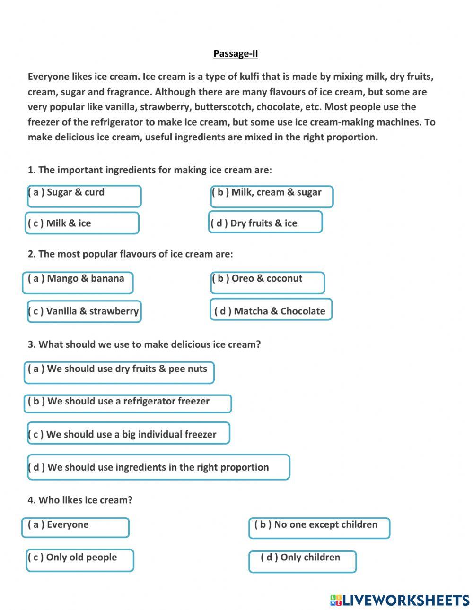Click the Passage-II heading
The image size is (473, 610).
tap(236, 53)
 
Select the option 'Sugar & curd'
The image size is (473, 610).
tap(84, 196)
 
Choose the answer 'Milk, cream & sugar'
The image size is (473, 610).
tap(272, 196)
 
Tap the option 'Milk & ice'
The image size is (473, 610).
tap(82, 223)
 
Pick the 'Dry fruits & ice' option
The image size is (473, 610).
tap(265, 222)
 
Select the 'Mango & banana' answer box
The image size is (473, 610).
tap(78, 283)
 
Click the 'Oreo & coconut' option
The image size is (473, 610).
tap(268, 283)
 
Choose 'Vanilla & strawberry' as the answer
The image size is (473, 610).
tap(84, 311)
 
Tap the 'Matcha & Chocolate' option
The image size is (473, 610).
tap(271, 309)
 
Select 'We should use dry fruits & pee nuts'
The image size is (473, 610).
tap(119, 372)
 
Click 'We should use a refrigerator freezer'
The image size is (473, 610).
tap(128, 404)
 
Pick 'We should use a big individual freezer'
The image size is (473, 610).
tap(128, 433)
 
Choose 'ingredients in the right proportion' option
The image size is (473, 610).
tap(158, 467)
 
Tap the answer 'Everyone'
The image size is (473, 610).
tap(75, 527)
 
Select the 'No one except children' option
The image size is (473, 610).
tap(319, 528)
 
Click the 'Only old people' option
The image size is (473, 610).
tap(80, 560)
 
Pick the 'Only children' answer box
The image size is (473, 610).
tap(302, 561)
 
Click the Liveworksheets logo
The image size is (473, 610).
tap(399, 600)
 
